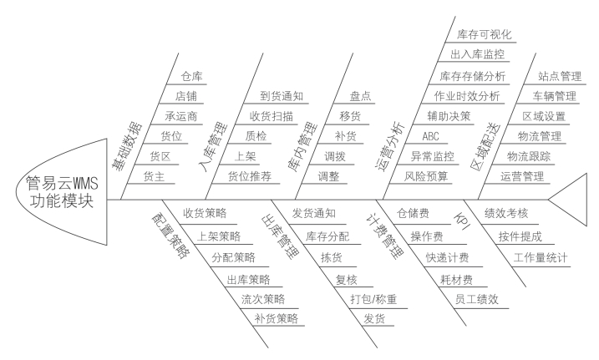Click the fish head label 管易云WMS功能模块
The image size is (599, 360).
pos(62,192)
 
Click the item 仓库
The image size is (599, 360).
pos(192,76)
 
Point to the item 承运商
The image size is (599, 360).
pos(181,116)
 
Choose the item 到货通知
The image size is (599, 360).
pos(282,96)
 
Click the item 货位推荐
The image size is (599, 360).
pos(250,176)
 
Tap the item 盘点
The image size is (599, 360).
pos(360,96)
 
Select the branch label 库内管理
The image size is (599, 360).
pos(303,146)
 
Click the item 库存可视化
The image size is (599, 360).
pos(484,35)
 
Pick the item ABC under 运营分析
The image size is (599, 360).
pos(430,136)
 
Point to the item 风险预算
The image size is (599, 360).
pos(426,176)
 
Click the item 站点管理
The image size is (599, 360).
pos(560,76)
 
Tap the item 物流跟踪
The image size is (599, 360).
pos(529,156)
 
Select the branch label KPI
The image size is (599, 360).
pos(462,221)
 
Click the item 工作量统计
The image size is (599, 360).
pos(541,258)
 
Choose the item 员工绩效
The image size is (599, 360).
pos(477,299)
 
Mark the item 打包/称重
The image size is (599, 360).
pos(373,298)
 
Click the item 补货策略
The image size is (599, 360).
pos(277,318)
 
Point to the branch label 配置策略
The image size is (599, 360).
pos(170,236)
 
